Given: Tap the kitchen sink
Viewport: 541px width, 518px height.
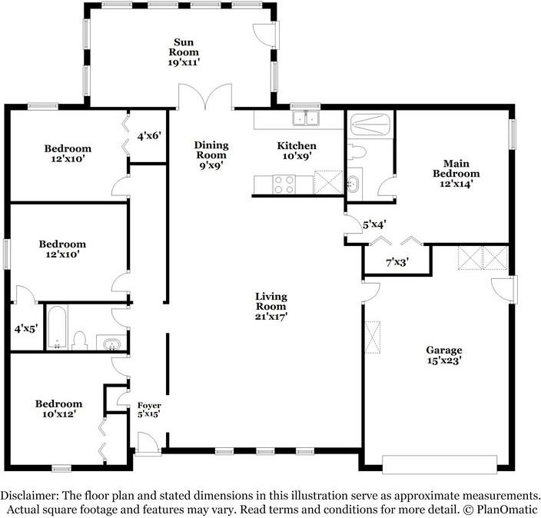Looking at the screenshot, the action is pos(306,118).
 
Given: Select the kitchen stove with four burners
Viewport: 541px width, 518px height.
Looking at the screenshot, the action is pos(284,184).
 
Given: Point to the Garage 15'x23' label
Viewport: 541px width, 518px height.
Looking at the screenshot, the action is pos(444,355).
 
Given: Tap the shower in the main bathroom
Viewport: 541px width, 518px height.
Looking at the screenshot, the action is pos(370,125).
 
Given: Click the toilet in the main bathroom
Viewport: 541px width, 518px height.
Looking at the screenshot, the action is pos(356,152).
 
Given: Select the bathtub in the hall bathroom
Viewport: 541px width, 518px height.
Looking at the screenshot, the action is pos(57,327).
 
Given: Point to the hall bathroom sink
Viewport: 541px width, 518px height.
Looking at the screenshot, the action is pos(111,344).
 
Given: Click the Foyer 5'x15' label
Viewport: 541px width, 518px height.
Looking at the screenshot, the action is pos(149,410).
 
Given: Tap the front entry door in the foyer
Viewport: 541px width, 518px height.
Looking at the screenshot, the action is pos(148,443).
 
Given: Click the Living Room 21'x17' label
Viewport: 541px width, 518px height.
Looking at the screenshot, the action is pos(271,307).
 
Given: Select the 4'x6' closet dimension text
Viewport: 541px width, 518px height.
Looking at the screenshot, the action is pos(149,136).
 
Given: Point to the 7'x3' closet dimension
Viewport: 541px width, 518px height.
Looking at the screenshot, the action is pos(397,263).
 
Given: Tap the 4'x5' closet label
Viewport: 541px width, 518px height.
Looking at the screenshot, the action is pos(26,329).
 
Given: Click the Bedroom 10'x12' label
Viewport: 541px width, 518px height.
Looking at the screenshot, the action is pos(58,409).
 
